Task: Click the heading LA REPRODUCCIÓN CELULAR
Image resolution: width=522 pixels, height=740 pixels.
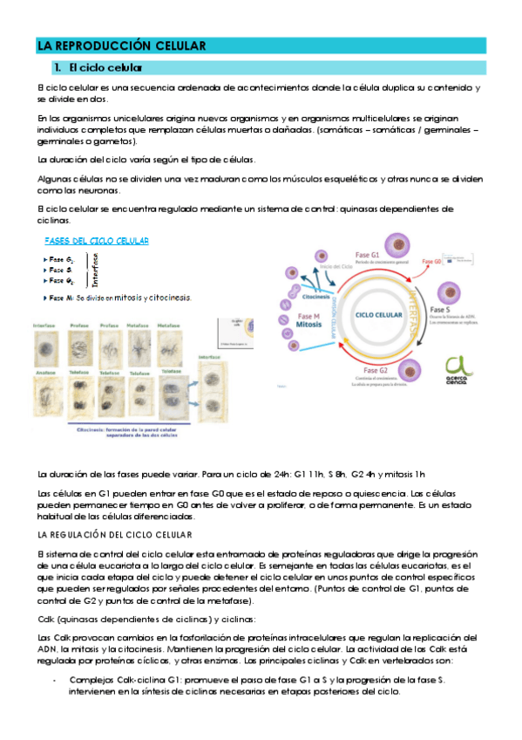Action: (x=121, y=45)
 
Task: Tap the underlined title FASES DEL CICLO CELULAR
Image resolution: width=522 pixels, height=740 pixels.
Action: (x=96, y=241)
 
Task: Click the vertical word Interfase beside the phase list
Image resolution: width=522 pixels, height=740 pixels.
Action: (x=96, y=271)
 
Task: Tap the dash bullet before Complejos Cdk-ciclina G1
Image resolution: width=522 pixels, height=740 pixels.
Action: (x=55, y=680)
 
